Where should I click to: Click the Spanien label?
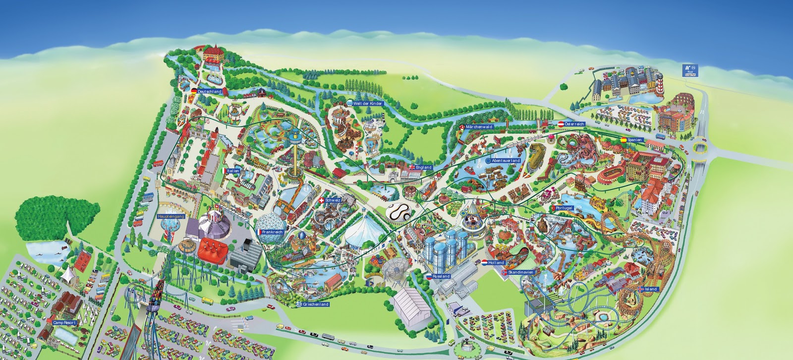(x=634, y=140)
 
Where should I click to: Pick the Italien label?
(x=233, y=171)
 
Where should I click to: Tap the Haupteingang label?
(x=170, y=217)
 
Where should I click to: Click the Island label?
(x=650, y=289)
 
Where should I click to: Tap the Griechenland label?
(x=316, y=304)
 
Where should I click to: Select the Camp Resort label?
(x=64, y=322)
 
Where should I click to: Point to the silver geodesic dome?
(x=271, y=229)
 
